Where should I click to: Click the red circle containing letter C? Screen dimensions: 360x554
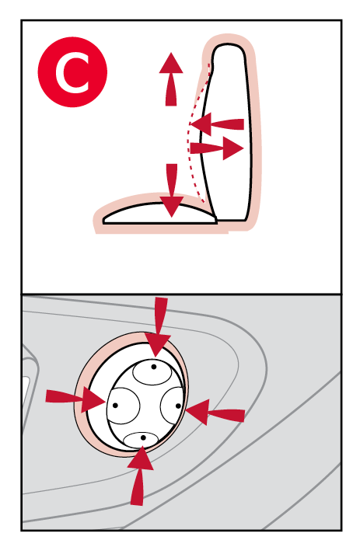(72, 71)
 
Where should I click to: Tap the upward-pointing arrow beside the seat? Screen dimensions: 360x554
(171, 79)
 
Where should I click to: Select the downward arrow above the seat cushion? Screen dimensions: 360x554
(172, 190)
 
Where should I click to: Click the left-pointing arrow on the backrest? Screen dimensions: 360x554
(217, 124)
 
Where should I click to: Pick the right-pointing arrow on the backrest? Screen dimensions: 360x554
(217, 148)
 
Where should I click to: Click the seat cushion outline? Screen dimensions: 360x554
(160, 213)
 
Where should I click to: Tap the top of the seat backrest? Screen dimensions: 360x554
(228, 45)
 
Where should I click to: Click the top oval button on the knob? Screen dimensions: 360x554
(152, 373)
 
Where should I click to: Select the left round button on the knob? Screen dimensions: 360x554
(124, 406)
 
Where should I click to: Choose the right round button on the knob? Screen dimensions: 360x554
(172, 406)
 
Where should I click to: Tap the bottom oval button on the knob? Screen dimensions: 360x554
(141, 440)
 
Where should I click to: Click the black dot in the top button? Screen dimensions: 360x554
(153, 367)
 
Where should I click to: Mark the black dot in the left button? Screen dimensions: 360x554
(115, 406)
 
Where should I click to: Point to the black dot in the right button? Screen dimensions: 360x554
(178, 406)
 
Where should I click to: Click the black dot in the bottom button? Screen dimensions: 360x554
(143, 437)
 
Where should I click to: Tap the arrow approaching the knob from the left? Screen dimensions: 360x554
(75, 399)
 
